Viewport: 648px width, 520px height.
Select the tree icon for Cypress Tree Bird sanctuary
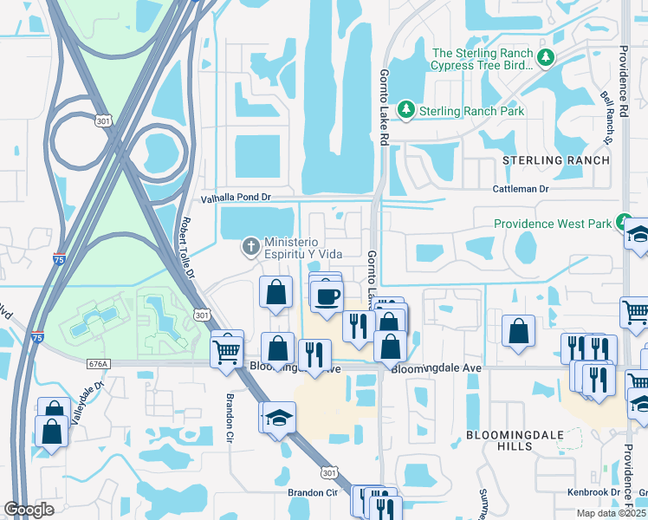tap(545, 58)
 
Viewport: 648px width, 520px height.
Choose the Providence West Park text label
tap(548, 224)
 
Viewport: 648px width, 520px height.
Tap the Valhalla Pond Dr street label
tap(237, 198)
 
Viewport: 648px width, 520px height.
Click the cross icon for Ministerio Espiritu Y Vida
tap(250, 247)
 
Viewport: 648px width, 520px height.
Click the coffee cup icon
tap(327, 296)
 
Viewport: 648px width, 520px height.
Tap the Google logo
tap(29, 510)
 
